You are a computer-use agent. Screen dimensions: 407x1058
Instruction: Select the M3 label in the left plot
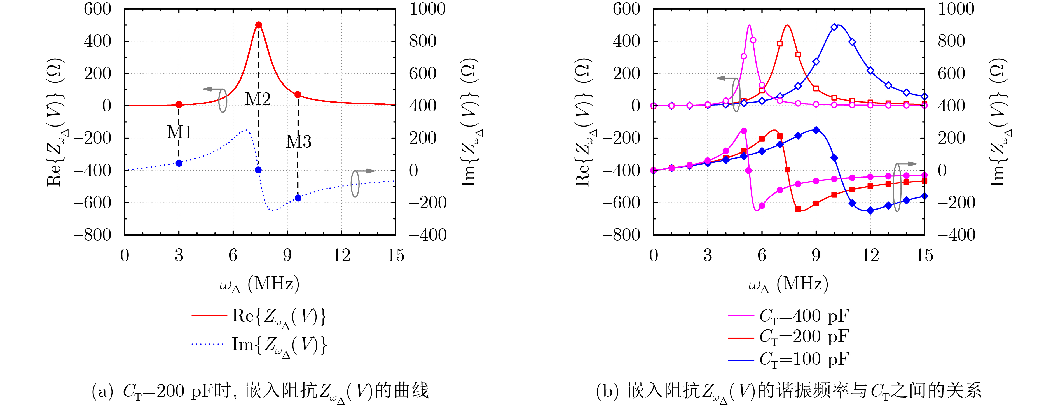pos(299,142)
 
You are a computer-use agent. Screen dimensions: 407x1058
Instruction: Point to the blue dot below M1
pos(179,163)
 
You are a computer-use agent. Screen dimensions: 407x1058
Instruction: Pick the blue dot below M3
pos(298,198)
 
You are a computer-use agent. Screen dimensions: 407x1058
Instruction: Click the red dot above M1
pos(179,105)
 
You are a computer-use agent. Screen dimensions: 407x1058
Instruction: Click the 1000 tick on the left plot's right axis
pos(427,9)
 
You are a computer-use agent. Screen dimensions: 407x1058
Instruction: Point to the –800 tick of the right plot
pos(621,235)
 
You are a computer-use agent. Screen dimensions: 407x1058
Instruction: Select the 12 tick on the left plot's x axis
pos(341,255)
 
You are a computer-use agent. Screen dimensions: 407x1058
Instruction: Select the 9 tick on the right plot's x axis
pos(816,255)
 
